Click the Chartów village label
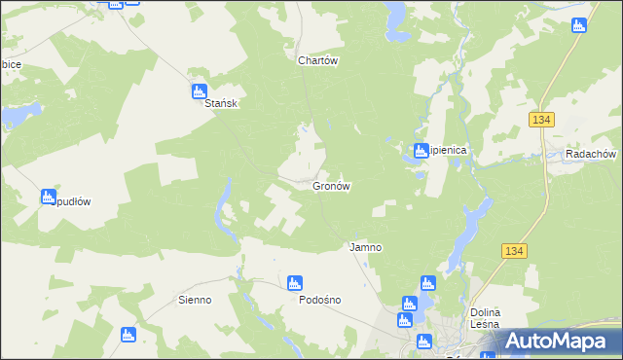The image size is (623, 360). (317, 59)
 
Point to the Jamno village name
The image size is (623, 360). (365, 247)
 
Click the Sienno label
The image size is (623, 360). (195, 300)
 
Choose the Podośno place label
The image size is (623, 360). (319, 300)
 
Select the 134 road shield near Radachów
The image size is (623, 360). (542, 119)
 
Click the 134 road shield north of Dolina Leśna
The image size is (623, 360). (515, 251)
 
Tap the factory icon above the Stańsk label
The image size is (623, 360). (199, 91)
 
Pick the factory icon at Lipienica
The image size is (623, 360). (421, 151)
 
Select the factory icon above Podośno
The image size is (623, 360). (295, 283)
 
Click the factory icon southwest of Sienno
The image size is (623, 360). (128, 335)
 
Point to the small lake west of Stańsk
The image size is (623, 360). (16, 117)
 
